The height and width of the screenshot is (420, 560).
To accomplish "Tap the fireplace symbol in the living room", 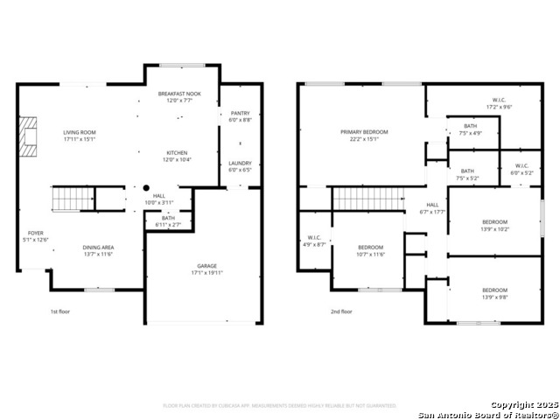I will [x=31, y=136].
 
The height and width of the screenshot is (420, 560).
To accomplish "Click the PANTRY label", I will [x=240, y=113].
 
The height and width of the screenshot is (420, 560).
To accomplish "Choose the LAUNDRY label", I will [x=240, y=163].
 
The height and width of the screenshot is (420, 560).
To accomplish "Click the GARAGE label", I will [x=206, y=266].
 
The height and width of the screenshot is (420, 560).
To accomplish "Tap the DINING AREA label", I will [x=98, y=248].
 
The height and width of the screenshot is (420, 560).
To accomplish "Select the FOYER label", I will [x=34, y=234].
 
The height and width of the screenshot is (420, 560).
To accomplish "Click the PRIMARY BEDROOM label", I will [x=364, y=132].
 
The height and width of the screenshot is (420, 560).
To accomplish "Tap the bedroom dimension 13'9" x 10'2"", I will [x=494, y=229].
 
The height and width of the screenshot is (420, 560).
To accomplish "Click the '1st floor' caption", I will [x=60, y=311].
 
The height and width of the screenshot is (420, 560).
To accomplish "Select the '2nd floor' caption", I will [x=341, y=311].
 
